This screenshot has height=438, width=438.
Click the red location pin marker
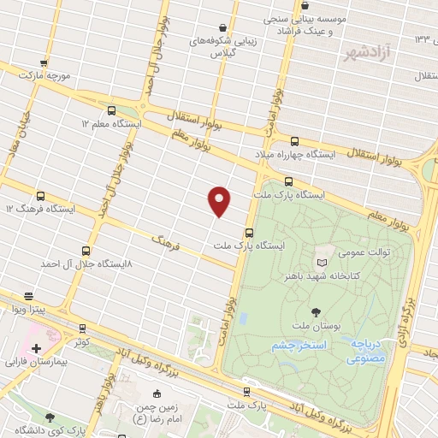click(220, 200)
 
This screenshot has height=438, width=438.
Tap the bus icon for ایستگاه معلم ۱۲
click(111, 110)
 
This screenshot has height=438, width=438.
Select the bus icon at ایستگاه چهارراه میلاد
click(294, 141)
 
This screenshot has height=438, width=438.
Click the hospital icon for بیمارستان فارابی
click(35, 349)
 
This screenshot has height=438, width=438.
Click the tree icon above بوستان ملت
click(317, 313)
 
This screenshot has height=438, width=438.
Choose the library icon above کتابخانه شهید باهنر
click(322, 263)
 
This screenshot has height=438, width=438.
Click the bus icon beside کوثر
click(82, 328)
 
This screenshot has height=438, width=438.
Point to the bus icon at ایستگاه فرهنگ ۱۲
click(40, 196)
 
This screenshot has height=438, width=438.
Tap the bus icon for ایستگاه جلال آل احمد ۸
click(86, 251)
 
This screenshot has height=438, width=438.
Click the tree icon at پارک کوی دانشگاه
click(49, 417)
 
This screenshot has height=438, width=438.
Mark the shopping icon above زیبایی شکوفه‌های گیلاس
click(223, 27)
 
